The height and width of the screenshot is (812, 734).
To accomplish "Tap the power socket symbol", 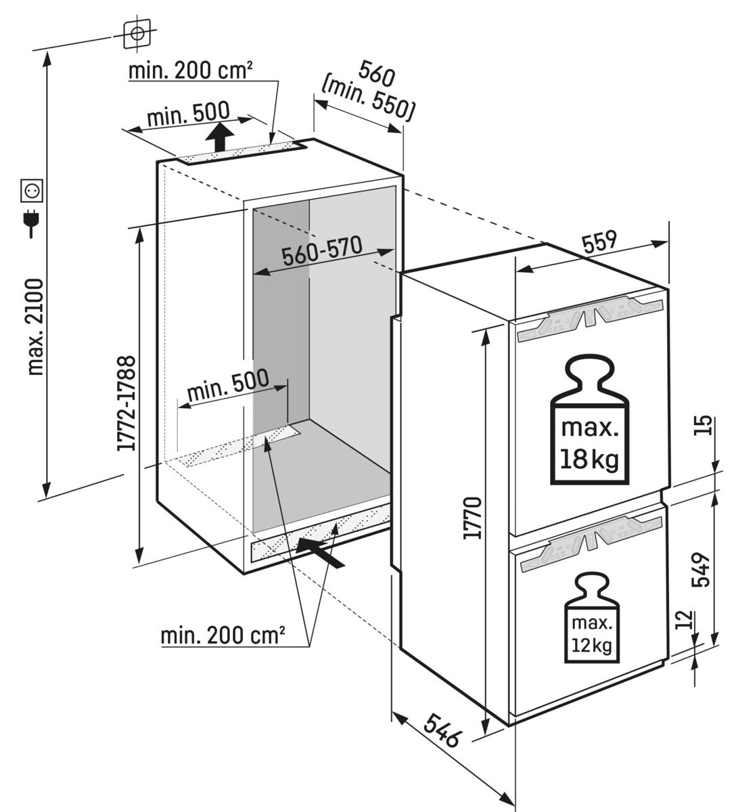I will (x=32, y=191).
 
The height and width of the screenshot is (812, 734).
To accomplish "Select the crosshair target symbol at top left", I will (x=137, y=32).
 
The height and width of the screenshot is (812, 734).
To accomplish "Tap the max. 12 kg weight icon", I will (x=591, y=616).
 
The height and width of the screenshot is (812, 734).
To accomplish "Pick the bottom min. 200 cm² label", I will (x=223, y=636).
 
